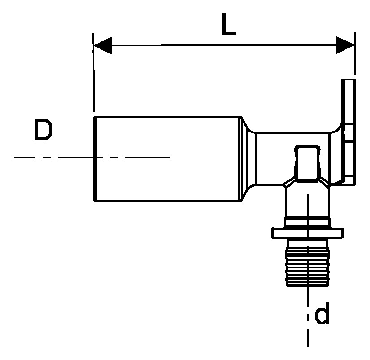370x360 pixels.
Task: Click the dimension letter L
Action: click(x=228, y=25)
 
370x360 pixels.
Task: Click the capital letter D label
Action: click(x=44, y=130)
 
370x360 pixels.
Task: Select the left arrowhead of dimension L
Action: click(x=103, y=45)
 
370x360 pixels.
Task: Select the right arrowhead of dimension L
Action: click(x=345, y=45)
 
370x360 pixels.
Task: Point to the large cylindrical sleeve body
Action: click(x=167, y=159)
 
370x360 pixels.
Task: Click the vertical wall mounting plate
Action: click(x=348, y=132)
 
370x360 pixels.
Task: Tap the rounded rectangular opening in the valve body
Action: click(x=307, y=163)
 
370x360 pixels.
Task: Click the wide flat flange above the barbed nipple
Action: click(x=308, y=233)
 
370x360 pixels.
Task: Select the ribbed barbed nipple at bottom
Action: click(x=308, y=263)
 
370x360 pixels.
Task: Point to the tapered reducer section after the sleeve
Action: click(x=248, y=159)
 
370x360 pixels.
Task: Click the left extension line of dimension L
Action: click(x=93, y=72)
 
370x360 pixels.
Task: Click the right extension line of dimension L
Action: click(x=355, y=53)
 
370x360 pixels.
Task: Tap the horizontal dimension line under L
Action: click(x=224, y=45)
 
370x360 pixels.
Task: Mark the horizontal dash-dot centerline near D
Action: click(x=92, y=157)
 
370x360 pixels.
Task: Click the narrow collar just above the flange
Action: click(x=307, y=223)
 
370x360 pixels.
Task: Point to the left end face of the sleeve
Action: click(x=95, y=159)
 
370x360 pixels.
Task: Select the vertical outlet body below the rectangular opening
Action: click(x=307, y=201)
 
